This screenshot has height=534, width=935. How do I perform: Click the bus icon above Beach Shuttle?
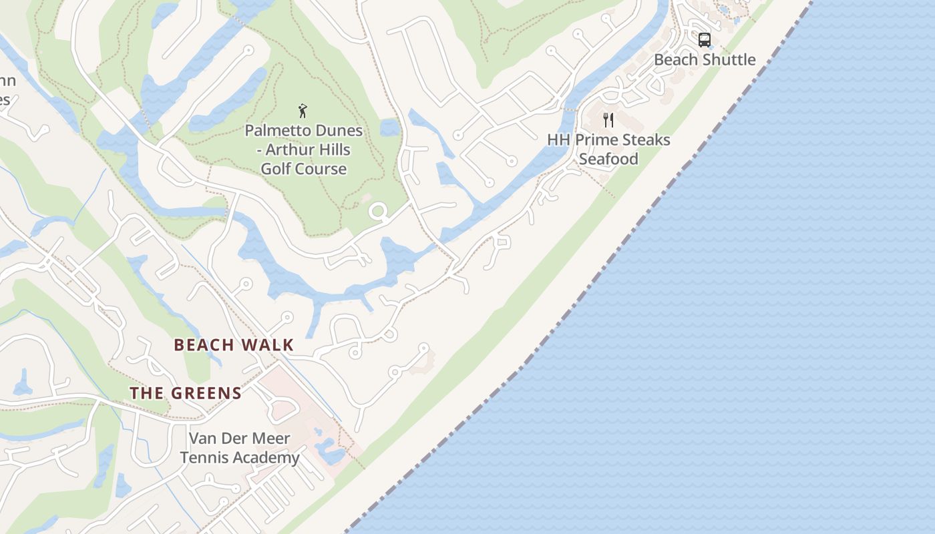coord(705,40)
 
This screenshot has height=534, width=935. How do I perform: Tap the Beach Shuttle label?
coord(705,59)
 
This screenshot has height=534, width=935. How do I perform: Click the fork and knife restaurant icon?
coord(608,120)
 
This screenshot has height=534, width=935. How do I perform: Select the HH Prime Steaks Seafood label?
coord(608,149)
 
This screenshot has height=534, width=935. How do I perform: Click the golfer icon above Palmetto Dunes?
coord(303,110)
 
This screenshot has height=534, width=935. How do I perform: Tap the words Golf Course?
coord(303,169)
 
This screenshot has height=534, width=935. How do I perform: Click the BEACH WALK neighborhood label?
coord(234,345)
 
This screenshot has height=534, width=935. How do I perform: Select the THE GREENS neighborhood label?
coord(186,393)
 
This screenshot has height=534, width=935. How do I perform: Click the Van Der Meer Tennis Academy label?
coord(239,448)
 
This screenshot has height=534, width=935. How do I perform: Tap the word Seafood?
coord(608,159)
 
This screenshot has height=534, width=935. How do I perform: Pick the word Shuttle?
coord(731,59)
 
